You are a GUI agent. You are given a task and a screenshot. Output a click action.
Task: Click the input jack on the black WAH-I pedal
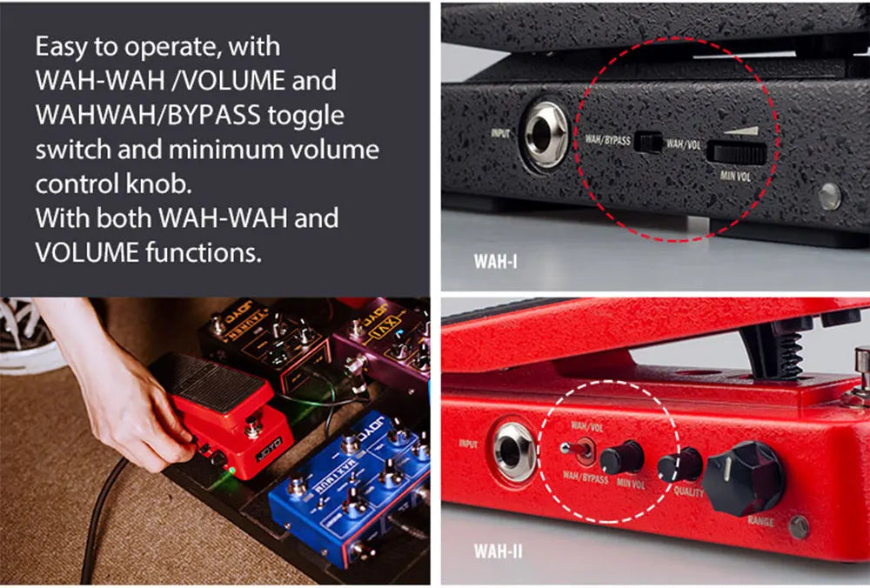click(x=545, y=137)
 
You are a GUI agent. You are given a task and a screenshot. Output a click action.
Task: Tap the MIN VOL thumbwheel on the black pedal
click(x=737, y=153)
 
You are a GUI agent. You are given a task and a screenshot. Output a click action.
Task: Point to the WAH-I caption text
click(x=495, y=260)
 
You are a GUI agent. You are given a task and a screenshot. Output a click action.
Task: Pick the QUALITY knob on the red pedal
click(x=679, y=464)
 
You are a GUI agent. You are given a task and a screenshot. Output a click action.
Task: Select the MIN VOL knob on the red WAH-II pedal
click(x=622, y=457)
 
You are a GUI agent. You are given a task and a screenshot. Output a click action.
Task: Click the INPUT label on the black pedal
click(x=501, y=135)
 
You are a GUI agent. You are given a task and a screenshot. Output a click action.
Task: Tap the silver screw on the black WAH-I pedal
click(x=829, y=196)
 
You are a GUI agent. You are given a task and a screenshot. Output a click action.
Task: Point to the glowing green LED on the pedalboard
click(x=231, y=471)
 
